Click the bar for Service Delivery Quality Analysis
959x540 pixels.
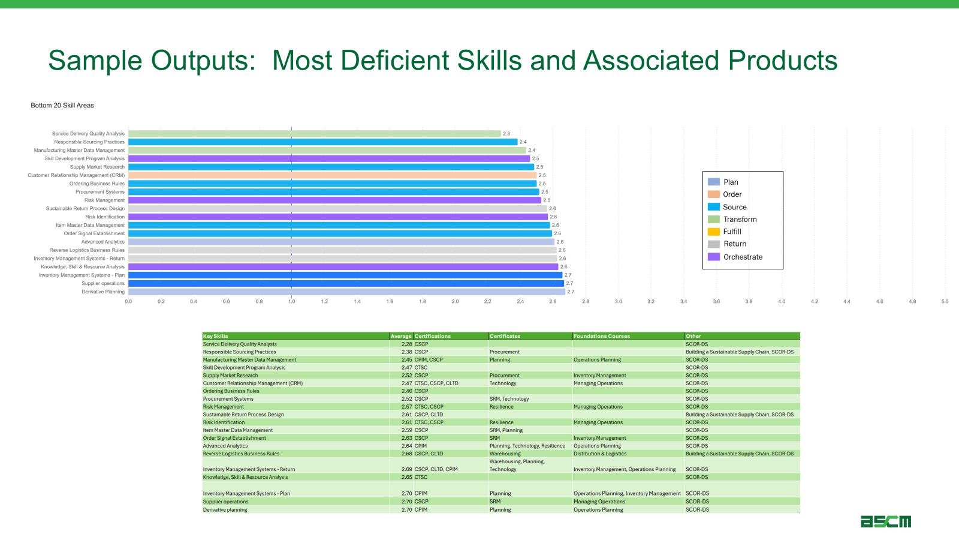click(315, 134)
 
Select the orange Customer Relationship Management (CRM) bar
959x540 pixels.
click(332, 175)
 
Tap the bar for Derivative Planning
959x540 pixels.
click(346, 292)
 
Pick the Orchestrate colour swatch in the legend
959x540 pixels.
click(714, 257)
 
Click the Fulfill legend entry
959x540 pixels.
click(732, 232)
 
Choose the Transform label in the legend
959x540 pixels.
click(740, 220)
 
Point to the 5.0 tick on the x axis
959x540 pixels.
click(945, 301)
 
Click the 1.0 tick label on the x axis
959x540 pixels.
click(291, 301)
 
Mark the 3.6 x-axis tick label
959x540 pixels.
click(716, 301)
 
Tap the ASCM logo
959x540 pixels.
click(886, 521)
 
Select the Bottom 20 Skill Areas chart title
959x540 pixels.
click(62, 106)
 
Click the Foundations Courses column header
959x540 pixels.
click(602, 337)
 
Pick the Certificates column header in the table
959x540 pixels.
click(505, 337)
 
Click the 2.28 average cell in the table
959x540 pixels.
click(406, 344)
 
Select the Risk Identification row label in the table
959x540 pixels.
click(224, 422)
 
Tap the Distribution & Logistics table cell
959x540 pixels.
click(600, 454)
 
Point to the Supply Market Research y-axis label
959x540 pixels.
click(97, 167)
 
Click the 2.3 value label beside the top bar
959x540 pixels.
click(506, 134)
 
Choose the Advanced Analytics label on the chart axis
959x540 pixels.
click(103, 242)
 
